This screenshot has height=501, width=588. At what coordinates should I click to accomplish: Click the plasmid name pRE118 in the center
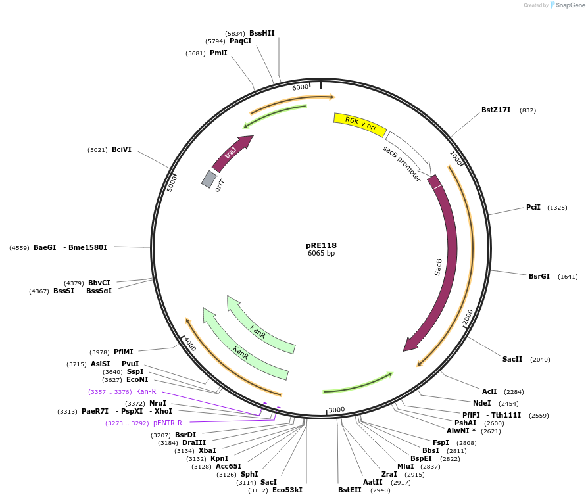coord(321,245)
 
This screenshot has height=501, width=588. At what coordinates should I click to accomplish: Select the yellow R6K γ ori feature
coord(360,123)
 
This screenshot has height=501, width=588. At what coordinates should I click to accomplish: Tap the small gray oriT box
coord(209,179)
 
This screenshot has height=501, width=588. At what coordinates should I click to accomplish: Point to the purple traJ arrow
coord(232,153)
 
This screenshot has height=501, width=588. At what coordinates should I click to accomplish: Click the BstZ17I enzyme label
coord(496,110)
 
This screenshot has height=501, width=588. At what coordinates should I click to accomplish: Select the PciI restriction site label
coord(533,207)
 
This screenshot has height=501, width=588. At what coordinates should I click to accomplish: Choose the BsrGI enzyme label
coord(539,276)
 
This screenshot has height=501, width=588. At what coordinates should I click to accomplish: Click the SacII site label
coord(512,359)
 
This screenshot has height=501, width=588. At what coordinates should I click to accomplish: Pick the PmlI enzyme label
coord(218,53)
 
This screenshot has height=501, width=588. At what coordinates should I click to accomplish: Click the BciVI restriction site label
coord(122,149)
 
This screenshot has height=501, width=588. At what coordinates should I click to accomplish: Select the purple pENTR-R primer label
coord(167,423)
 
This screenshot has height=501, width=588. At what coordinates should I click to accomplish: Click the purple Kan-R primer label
coord(146,391)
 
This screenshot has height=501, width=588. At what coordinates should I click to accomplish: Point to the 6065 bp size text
coord(321,254)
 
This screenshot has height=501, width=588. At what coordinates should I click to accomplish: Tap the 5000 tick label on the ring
coord(172,182)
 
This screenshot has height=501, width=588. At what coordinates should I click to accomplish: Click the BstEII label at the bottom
coord(350,490)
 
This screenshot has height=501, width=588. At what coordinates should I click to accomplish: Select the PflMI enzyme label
coord(124,352)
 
